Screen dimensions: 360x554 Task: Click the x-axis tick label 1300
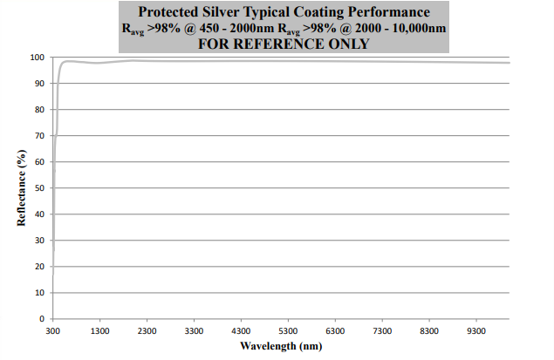click(x=99, y=331)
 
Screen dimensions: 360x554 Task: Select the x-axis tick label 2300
click(x=147, y=331)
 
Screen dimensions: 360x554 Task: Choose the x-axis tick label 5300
click(x=288, y=331)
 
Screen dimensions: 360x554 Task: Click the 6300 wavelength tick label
click(x=335, y=331)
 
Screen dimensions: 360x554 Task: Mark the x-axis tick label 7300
click(x=382, y=331)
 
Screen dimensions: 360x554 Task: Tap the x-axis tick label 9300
click(x=476, y=331)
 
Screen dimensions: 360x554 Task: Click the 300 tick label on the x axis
click(x=53, y=331)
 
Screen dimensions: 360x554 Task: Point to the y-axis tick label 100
click(x=37, y=58)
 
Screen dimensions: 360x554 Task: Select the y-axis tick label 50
click(x=39, y=188)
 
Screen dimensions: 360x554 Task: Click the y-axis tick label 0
click(x=42, y=319)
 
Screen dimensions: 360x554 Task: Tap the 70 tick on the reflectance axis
click(x=39, y=136)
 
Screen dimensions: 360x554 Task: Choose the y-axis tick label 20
click(x=39, y=267)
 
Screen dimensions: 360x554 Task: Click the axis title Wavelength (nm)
click(x=281, y=346)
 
